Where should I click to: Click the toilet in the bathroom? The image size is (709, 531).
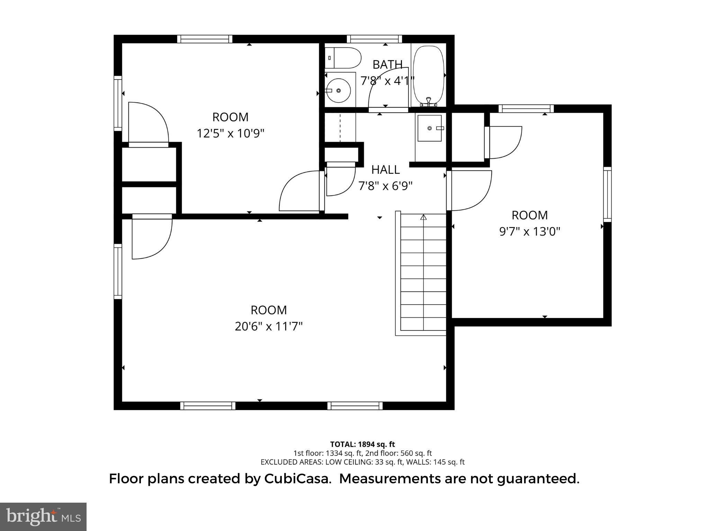click(x=342, y=58)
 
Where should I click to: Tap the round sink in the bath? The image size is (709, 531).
click(x=339, y=91)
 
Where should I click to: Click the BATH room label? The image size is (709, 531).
click(x=387, y=65)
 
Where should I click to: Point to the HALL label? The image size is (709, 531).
click(x=385, y=170)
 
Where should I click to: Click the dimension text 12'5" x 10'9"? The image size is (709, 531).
click(x=231, y=133)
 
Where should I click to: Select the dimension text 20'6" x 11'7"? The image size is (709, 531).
click(x=269, y=326)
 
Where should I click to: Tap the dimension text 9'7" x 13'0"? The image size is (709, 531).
click(x=529, y=231)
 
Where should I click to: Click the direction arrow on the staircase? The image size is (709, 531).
click(x=423, y=218)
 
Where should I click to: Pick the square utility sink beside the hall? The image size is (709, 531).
click(x=430, y=128)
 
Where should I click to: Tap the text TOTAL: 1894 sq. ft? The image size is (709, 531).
click(x=362, y=444)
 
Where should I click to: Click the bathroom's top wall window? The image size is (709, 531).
click(x=374, y=39)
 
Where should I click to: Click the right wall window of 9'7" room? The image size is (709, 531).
click(x=608, y=194)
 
